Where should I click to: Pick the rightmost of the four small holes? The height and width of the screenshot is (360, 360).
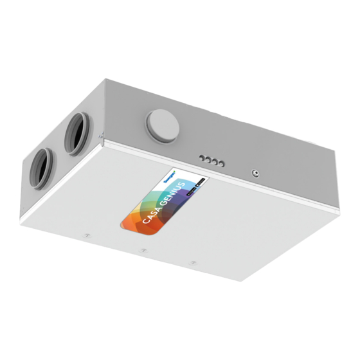point(221,165)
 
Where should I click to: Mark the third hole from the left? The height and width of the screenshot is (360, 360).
point(215,162)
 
